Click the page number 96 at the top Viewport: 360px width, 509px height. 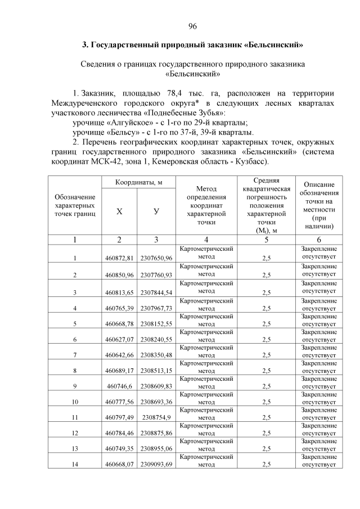192,26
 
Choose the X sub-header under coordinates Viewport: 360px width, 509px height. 119,211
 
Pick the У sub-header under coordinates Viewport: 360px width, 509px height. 156,211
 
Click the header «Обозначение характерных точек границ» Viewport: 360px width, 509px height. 75,205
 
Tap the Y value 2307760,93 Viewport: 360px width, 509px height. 156,274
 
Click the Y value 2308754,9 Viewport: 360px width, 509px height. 156,417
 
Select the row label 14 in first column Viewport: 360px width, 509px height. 75,465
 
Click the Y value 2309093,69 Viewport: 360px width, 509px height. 156,465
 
